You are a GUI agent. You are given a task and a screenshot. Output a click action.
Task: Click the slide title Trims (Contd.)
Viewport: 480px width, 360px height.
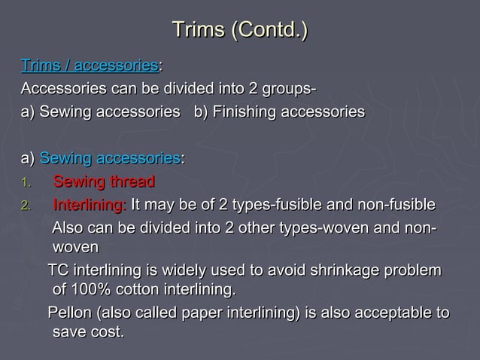[x=240, y=30]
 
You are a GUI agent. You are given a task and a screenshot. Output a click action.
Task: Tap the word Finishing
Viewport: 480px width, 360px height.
[x=242, y=112]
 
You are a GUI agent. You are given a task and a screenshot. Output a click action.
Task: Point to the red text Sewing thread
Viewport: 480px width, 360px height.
[x=104, y=182]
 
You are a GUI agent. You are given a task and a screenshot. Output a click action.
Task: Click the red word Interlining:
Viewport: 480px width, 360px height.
[x=90, y=206]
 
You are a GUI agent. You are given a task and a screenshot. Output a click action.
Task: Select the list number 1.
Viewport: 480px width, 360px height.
[x=26, y=183]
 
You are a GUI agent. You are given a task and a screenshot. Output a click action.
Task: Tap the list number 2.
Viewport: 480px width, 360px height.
[x=26, y=206]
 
